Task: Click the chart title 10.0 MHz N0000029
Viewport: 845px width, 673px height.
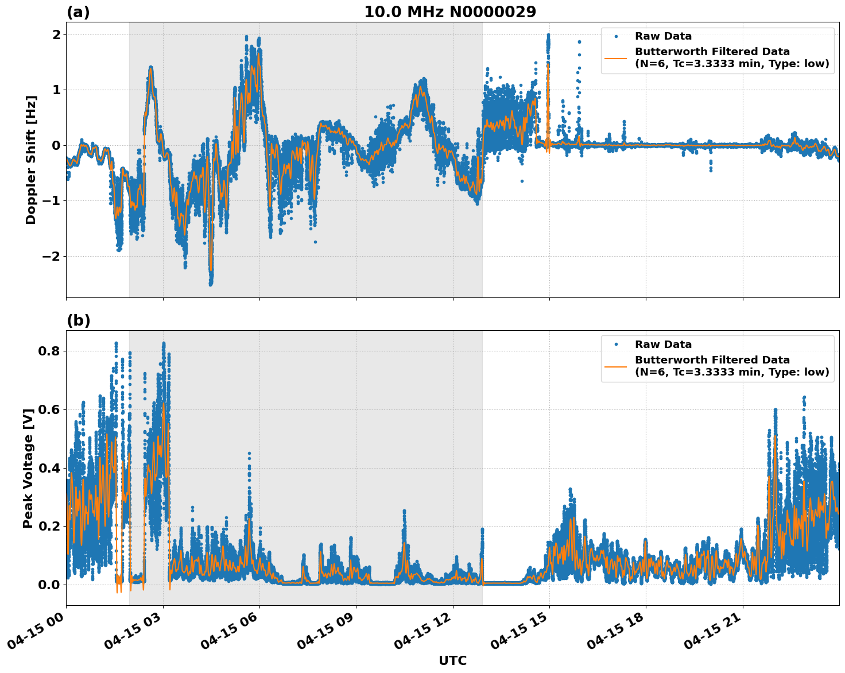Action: [450, 12]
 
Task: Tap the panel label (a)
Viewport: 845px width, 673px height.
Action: [78, 12]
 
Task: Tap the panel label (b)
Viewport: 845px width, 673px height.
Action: [78, 320]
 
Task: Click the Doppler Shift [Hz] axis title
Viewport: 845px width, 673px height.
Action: [31, 160]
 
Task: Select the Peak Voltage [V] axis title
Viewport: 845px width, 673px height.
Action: [28, 467]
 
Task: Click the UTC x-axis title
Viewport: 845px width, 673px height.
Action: [452, 660]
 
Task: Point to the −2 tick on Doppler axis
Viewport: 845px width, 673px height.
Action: [51, 256]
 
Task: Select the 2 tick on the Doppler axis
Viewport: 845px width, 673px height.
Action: [56, 34]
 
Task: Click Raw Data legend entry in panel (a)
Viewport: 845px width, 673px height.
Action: [663, 36]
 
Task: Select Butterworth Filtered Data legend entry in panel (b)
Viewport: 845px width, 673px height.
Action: [731, 366]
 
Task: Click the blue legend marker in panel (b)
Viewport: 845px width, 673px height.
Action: [616, 345]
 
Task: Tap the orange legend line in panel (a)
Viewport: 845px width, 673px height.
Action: [616, 58]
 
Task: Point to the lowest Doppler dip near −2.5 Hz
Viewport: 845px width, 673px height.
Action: [211, 283]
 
